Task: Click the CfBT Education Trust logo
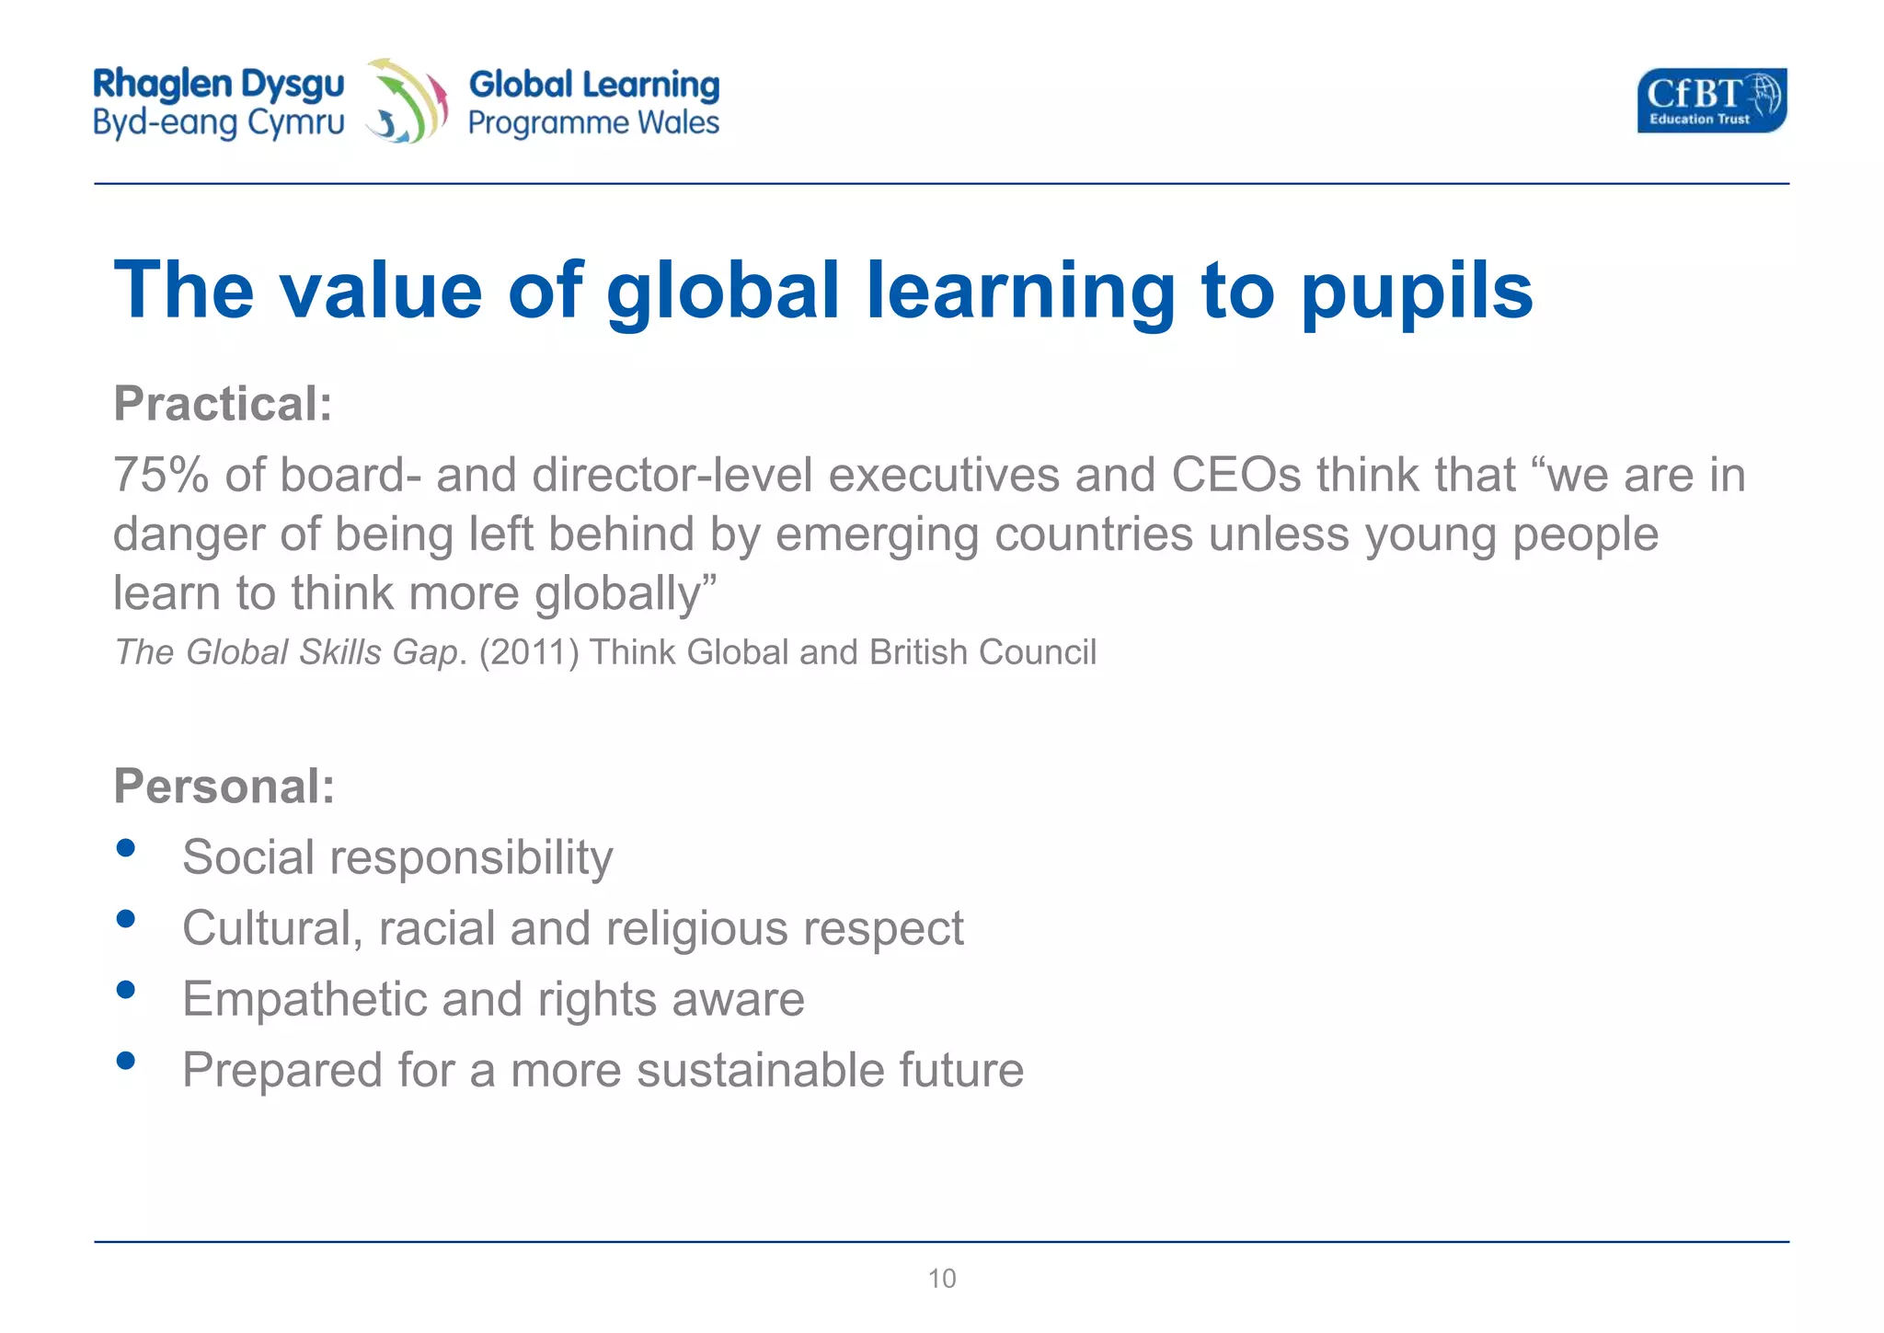(x=1711, y=100)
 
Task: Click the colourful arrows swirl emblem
(x=407, y=100)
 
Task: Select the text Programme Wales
(x=593, y=122)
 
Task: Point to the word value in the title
(x=381, y=291)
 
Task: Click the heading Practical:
(x=223, y=404)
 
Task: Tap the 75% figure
(x=160, y=476)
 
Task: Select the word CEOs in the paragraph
(x=1235, y=476)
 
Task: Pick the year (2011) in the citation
(x=528, y=652)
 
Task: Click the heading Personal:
(x=224, y=787)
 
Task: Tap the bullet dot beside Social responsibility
(x=127, y=847)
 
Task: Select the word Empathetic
(x=304, y=999)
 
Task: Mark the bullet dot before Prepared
(x=127, y=1061)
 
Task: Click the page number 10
(x=942, y=1278)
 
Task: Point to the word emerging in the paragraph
(x=877, y=534)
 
